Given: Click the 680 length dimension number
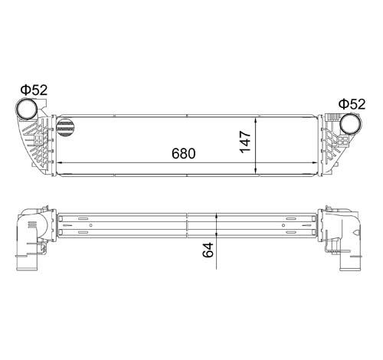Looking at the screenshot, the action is pos(184,153).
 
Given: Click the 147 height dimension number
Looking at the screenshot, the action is pos(245,142).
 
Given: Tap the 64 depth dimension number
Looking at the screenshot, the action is pos(208,250).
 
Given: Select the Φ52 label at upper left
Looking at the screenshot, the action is pos(34,90).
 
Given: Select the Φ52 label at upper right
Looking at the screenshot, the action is pos(352,104).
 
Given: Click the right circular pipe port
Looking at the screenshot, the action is pos(351,124).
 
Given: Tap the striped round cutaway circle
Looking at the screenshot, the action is pos(65,127).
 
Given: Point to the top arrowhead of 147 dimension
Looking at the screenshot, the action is pos(256,120).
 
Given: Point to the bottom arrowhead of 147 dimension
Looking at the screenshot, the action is pos(256,172).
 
